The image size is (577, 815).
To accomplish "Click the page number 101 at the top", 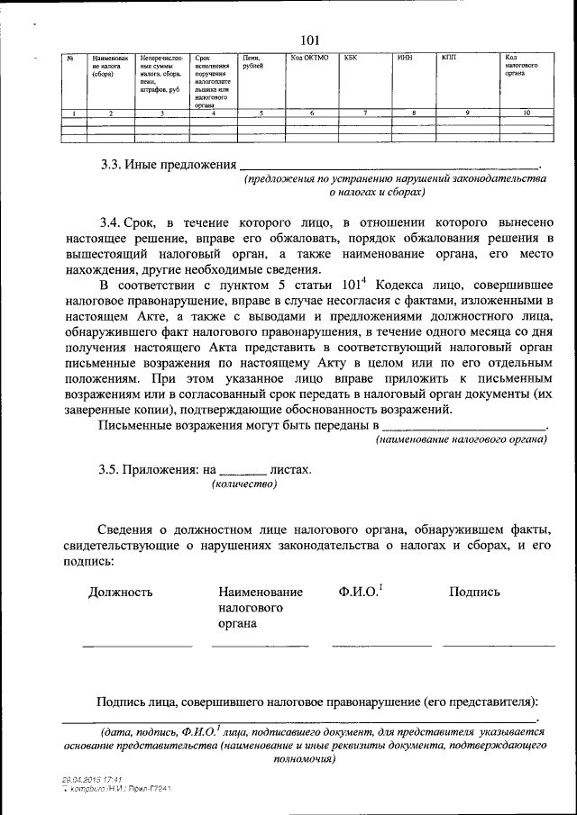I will (x=309, y=39).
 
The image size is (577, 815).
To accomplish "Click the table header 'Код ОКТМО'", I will (x=309, y=59).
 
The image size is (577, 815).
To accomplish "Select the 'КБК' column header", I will (x=352, y=59).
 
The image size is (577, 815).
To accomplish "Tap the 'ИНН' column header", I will (x=405, y=59).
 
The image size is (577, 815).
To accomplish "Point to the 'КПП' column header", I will (x=449, y=59).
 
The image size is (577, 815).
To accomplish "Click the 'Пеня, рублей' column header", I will (x=252, y=62).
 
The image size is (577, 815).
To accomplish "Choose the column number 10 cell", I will (x=527, y=113).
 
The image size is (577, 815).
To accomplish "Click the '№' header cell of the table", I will (x=69, y=59).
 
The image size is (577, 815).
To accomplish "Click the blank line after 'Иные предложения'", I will (x=388, y=168).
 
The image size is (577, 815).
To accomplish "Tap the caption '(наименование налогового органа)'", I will (x=461, y=439).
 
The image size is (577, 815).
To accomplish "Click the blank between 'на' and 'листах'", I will (x=243, y=470).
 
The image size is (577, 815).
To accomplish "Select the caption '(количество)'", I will (x=244, y=484).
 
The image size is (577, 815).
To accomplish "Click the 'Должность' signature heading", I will (x=120, y=592).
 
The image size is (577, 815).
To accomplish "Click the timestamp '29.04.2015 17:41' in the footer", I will (x=92, y=778).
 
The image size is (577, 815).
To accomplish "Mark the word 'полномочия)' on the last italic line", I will (x=303, y=758).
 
